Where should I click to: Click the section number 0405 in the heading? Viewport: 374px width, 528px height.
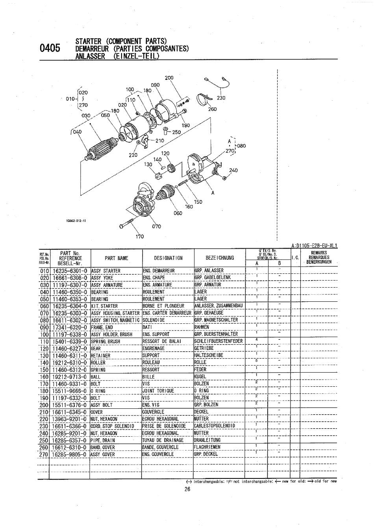50,48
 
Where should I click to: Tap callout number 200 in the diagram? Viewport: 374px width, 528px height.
169,78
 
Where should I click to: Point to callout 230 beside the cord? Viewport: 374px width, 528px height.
221,98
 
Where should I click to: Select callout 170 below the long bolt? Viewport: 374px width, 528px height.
140,236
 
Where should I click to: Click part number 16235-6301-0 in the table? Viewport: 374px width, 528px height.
70,271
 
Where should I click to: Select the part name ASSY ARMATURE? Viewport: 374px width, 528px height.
107,285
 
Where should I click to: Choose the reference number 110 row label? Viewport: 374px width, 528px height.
44,341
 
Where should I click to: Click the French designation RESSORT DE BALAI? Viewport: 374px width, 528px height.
162,341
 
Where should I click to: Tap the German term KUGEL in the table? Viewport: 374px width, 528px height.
200,377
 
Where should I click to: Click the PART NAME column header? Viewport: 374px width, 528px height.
116,258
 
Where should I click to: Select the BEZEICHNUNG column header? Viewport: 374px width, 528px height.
220,258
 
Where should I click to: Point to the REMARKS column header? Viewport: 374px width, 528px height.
319,253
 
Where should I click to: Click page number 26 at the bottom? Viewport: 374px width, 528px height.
187,489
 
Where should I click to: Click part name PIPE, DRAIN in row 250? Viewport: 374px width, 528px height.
104,440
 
